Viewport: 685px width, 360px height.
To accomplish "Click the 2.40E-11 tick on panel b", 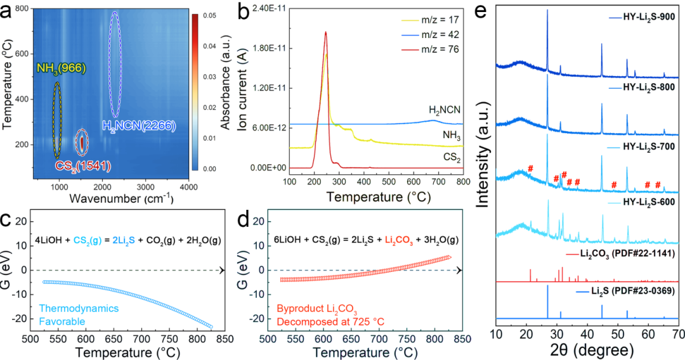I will click(x=266, y=9).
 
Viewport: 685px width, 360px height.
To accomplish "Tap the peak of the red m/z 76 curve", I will click(x=325, y=32).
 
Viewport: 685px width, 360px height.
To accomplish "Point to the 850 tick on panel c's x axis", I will click(x=223, y=339).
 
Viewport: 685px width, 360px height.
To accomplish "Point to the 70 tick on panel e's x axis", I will click(x=677, y=333).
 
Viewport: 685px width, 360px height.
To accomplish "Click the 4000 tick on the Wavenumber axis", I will click(x=188, y=187).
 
